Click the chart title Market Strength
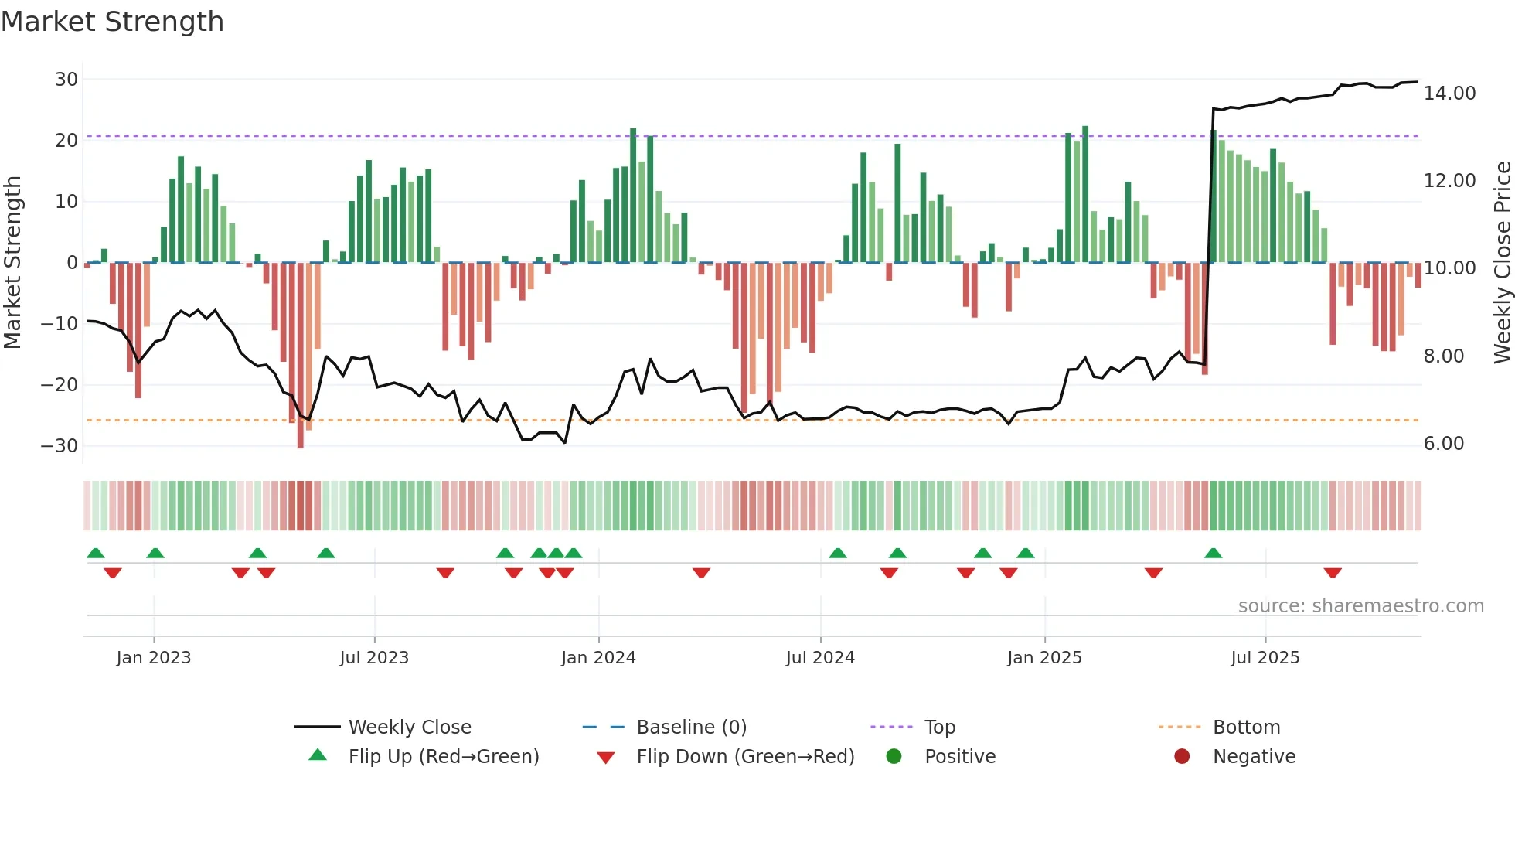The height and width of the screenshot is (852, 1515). [112, 22]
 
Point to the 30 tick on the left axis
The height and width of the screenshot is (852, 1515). [66, 80]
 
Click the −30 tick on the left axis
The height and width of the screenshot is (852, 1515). [60, 446]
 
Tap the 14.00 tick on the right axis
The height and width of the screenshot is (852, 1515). [1449, 94]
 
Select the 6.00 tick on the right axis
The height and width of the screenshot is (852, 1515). [1443, 444]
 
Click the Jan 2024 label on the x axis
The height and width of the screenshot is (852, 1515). [598, 658]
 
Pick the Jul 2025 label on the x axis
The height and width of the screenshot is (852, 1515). [1265, 658]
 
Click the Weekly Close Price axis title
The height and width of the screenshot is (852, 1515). [1502, 263]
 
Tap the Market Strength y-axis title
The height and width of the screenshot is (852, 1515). [13, 263]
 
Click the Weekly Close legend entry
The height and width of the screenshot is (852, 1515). [409, 728]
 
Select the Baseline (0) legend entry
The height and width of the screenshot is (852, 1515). [691, 728]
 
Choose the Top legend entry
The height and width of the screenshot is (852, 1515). [939, 728]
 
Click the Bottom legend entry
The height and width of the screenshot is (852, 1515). [1246, 728]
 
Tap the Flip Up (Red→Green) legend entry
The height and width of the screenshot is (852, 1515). [443, 757]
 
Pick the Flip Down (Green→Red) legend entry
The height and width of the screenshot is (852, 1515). [745, 757]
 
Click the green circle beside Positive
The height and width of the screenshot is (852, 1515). [894, 757]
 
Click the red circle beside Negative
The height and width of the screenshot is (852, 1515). [1182, 757]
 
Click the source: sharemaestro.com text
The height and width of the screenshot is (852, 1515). [1360, 606]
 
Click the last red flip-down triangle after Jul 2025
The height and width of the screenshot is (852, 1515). [1332, 573]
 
